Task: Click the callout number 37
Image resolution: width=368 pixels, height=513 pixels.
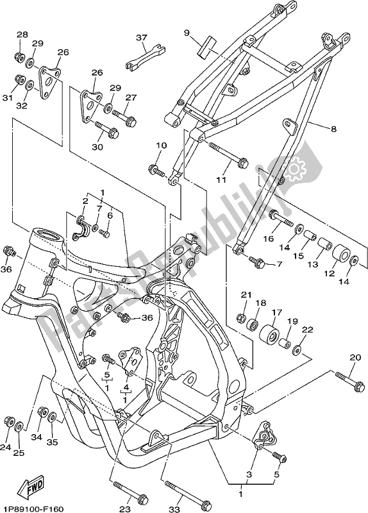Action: [x=142, y=38]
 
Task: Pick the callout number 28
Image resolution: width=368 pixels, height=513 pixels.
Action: [x=22, y=35]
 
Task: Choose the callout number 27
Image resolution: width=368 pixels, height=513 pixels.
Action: [x=131, y=97]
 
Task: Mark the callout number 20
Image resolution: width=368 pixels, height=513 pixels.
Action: [x=355, y=357]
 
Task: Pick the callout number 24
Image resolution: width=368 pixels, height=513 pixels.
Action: [x=6, y=448]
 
